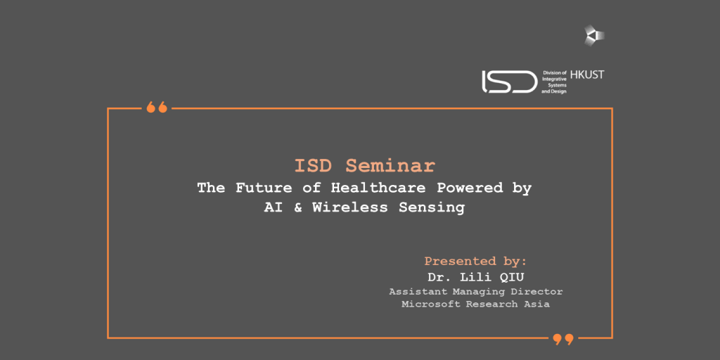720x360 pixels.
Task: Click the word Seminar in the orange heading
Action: tap(390, 166)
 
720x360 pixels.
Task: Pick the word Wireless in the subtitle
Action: tap(350, 207)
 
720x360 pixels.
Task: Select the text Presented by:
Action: tap(475, 262)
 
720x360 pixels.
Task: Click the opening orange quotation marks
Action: tap(157, 108)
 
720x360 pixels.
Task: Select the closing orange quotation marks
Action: tap(563, 340)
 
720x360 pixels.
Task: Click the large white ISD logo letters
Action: tap(509, 82)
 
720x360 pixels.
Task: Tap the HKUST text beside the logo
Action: tap(587, 75)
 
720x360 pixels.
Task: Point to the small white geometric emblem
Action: tap(594, 35)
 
